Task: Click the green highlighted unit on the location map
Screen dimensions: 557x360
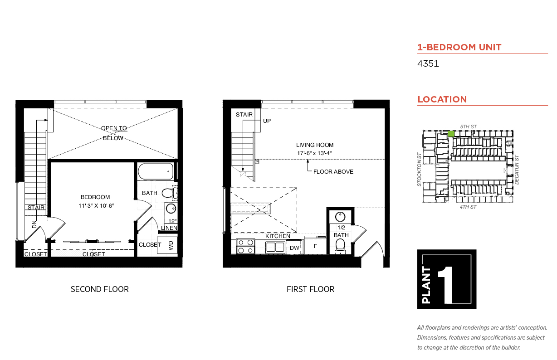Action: [x=451, y=134]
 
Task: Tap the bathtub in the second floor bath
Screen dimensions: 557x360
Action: [x=156, y=171]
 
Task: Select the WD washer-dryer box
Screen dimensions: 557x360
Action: [x=167, y=245]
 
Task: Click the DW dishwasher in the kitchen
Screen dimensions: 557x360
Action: [x=294, y=247]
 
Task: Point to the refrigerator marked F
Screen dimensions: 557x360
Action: [x=315, y=246]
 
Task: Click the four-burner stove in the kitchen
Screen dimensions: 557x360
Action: [x=245, y=246]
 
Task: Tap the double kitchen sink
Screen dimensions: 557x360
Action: [x=275, y=248]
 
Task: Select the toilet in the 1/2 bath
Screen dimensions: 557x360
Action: [x=340, y=247]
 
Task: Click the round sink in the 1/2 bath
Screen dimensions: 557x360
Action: [x=340, y=217]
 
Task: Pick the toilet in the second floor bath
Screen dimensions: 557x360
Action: [x=170, y=193]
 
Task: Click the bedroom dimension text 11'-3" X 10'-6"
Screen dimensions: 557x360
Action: [x=96, y=206]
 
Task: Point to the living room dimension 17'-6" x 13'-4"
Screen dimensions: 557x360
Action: [x=314, y=153]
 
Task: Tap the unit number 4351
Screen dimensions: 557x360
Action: [x=428, y=64]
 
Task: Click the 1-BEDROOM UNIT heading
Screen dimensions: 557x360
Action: [x=459, y=47]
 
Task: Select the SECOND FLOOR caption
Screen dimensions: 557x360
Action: [x=100, y=289]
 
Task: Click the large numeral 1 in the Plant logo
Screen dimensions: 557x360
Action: [x=445, y=285]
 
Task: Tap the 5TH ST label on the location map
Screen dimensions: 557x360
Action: [x=468, y=126]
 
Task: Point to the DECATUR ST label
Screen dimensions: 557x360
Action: [x=517, y=170]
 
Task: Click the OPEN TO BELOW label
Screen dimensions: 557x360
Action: [x=114, y=133]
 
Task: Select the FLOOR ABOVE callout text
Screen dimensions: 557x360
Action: [x=333, y=171]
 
